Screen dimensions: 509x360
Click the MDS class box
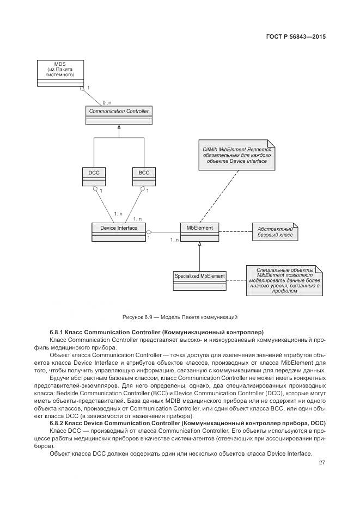[60, 74]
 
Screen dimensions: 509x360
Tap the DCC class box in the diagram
[94, 176]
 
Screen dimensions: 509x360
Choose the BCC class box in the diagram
[144, 176]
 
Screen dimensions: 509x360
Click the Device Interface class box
[118, 231]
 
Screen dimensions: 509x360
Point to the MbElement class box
[200, 231]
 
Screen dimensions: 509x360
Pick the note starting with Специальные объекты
[284, 280]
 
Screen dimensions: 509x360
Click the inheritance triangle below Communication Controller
[118, 127]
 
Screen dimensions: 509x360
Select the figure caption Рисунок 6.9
[179, 317]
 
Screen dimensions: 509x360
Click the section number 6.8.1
[58, 332]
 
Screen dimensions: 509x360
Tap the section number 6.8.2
[58, 423]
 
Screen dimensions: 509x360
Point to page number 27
[322, 463]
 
